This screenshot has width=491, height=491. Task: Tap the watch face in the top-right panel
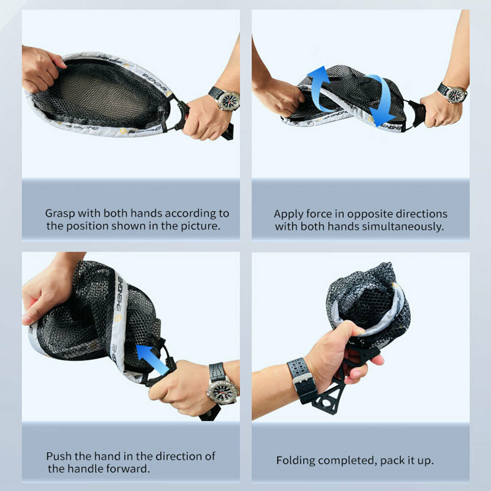tap(456, 94)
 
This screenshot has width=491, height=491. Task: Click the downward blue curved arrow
tap(383, 100)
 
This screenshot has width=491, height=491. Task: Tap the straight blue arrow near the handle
tap(153, 359)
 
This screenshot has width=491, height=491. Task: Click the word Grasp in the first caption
tap(60, 213)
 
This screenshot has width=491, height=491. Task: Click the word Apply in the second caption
tap(288, 214)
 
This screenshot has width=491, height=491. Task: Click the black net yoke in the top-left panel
tap(179, 114)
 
